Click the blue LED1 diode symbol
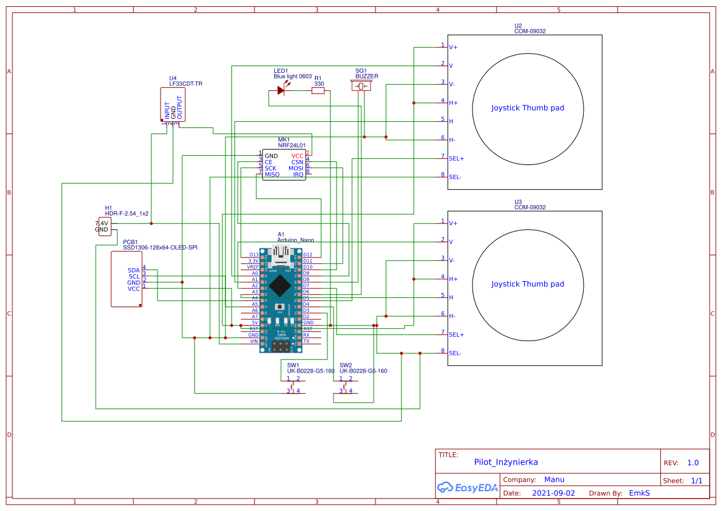click(x=281, y=91)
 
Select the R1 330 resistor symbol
click(x=318, y=91)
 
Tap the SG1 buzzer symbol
click(x=362, y=87)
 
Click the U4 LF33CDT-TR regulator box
click(x=172, y=104)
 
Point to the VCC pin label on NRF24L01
click(x=298, y=156)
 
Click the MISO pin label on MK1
click(x=272, y=175)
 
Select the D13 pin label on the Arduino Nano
click(x=254, y=255)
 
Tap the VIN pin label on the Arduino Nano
click(x=254, y=341)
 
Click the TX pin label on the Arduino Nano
click(x=306, y=341)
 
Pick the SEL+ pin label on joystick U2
click(x=456, y=159)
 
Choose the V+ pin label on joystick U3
click(x=453, y=223)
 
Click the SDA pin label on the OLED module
click(x=134, y=270)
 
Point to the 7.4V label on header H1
click(x=102, y=223)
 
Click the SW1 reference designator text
click(x=293, y=365)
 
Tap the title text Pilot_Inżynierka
click(x=506, y=462)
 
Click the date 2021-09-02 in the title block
click(x=553, y=493)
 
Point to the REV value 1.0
click(x=693, y=463)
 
